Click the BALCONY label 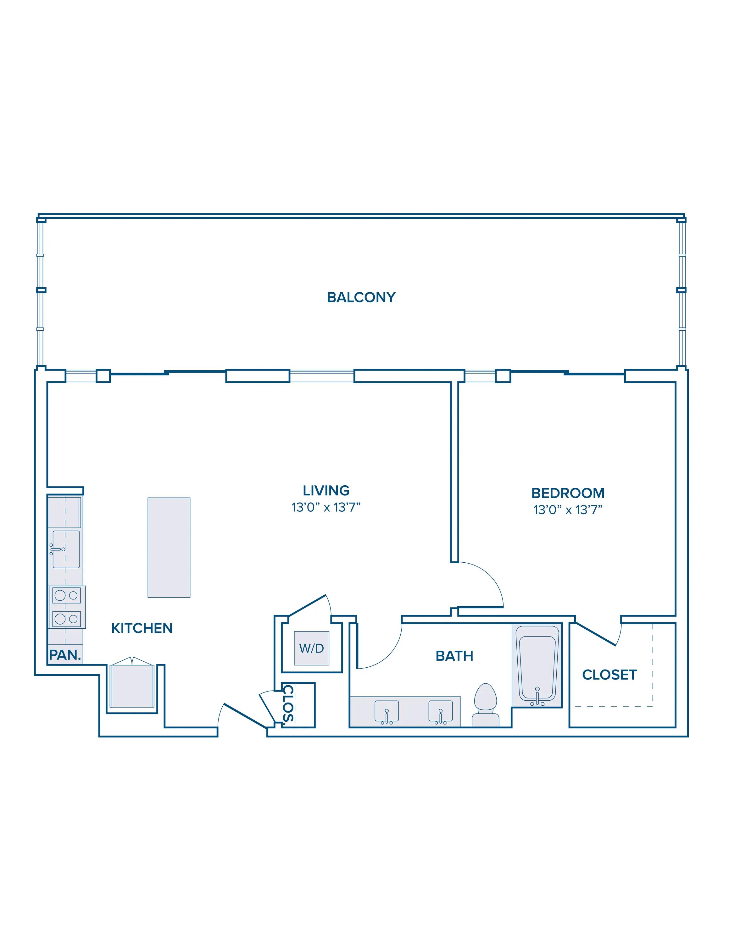click(361, 297)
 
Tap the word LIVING click(326, 490)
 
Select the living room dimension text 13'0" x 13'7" click(326, 507)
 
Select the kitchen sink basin click(66, 549)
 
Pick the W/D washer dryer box click(311, 648)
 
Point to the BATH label click(454, 656)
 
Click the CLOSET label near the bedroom click(609, 675)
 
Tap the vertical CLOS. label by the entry click(288, 704)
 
